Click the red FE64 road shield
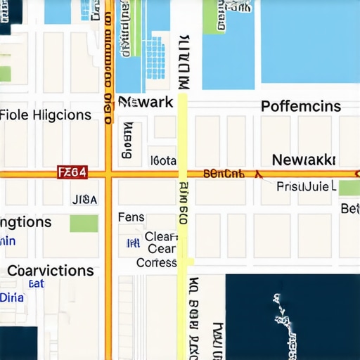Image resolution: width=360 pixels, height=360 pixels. (x=73, y=172)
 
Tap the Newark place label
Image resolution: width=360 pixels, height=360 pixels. (x=146, y=102)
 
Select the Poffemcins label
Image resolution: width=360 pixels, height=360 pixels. (x=301, y=107)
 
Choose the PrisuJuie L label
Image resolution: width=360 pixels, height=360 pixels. (x=307, y=187)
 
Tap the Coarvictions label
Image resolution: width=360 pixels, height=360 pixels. (x=50, y=271)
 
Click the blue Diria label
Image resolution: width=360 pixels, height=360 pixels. (x=11, y=297)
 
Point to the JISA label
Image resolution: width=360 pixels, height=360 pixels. (x=84, y=199)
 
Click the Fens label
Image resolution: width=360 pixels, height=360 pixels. (x=131, y=217)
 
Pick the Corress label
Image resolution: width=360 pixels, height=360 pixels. (x=156, y=262)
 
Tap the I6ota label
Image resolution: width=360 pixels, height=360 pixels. (x=163, y=160)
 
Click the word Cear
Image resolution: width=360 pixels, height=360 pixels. (x=162, y=249)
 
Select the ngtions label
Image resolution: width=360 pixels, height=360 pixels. (x=26, y=222)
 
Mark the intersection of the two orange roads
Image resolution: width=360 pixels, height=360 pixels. (x=108, y=172)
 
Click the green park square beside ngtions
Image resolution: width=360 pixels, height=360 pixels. (x=84, y=224)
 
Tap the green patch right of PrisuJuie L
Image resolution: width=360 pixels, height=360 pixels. (x=349, y=188)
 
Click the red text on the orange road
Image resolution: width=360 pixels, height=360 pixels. (x=224, y=172)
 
